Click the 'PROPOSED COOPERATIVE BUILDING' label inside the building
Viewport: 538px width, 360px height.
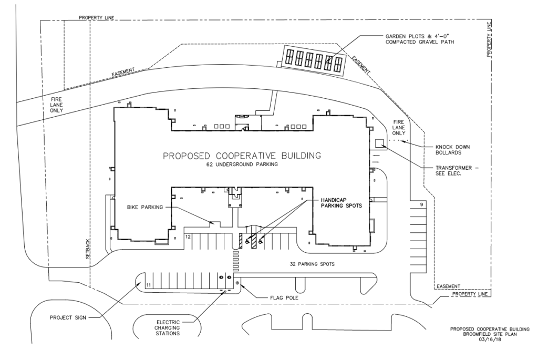point(241,156)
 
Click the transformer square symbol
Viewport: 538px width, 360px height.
point(379,142)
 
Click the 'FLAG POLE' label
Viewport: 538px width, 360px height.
point(274,298)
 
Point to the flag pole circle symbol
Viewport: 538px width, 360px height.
point(237,283)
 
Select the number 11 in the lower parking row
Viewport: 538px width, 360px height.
point(149,284)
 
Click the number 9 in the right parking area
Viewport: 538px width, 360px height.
point(421,204)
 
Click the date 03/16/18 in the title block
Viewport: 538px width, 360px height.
point(490,340)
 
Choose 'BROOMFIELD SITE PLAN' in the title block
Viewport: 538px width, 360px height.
point(490,335)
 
